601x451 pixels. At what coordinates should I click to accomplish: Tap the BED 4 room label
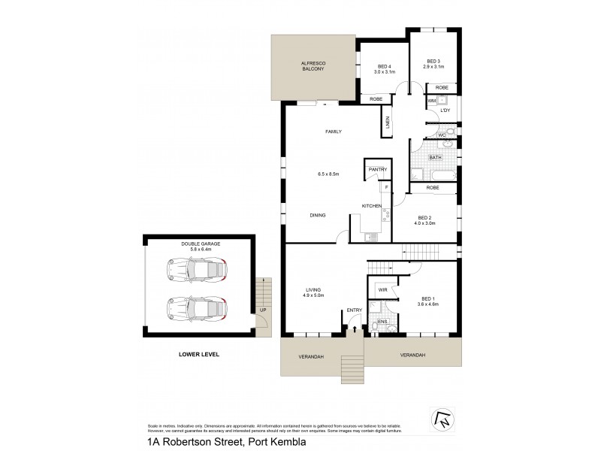pos(383,68)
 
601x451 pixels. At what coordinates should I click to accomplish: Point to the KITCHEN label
pos(372,206)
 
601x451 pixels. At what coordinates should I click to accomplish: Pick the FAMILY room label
pos(333,132)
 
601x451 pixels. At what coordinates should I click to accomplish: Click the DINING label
pos(318,215)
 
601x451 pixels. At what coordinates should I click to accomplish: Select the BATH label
pos(435,158)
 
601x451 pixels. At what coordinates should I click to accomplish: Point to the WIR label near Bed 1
pos(382,289)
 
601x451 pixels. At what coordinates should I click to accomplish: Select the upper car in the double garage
pos(196,268)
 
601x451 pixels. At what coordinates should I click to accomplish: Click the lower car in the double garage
pos(196,308)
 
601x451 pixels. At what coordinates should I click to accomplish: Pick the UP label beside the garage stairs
pos(262,310)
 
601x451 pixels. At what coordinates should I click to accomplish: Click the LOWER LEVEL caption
pos(198,354)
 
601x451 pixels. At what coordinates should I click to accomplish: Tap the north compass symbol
pos(441,416)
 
